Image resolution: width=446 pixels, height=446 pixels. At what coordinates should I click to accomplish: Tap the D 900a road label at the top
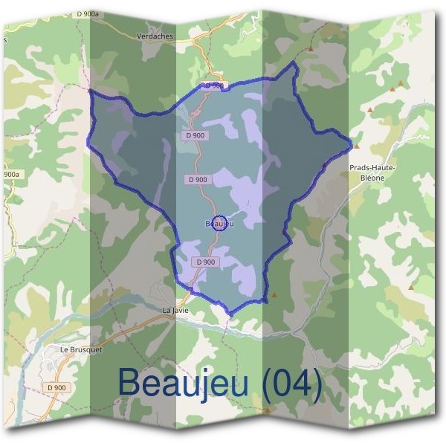point(88,14)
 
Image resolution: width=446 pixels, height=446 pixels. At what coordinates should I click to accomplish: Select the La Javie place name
point(177,311)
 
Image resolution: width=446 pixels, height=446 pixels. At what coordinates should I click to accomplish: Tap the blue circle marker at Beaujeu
point(219,222)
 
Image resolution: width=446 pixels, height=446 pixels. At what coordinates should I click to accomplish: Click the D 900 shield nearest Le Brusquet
point(58,387)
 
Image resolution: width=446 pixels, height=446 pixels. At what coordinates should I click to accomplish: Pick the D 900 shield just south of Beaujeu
point(206,262)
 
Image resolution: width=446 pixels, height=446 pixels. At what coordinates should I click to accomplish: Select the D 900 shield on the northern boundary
point(214,85)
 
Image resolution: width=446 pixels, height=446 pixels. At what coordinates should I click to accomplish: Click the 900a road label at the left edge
point(10,175)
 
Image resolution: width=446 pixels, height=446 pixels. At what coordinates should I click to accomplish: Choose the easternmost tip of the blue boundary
point(350,141)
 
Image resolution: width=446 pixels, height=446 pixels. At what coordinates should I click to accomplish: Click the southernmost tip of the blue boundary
point(231,315)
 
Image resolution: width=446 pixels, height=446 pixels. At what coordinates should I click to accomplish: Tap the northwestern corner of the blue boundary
point(90,91)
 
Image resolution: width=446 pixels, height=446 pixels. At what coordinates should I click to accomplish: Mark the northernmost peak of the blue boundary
point(293,63)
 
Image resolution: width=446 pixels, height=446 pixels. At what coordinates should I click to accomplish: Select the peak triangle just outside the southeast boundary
point(274,294)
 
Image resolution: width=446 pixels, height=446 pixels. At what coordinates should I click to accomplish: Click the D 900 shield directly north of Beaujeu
point(198,179)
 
